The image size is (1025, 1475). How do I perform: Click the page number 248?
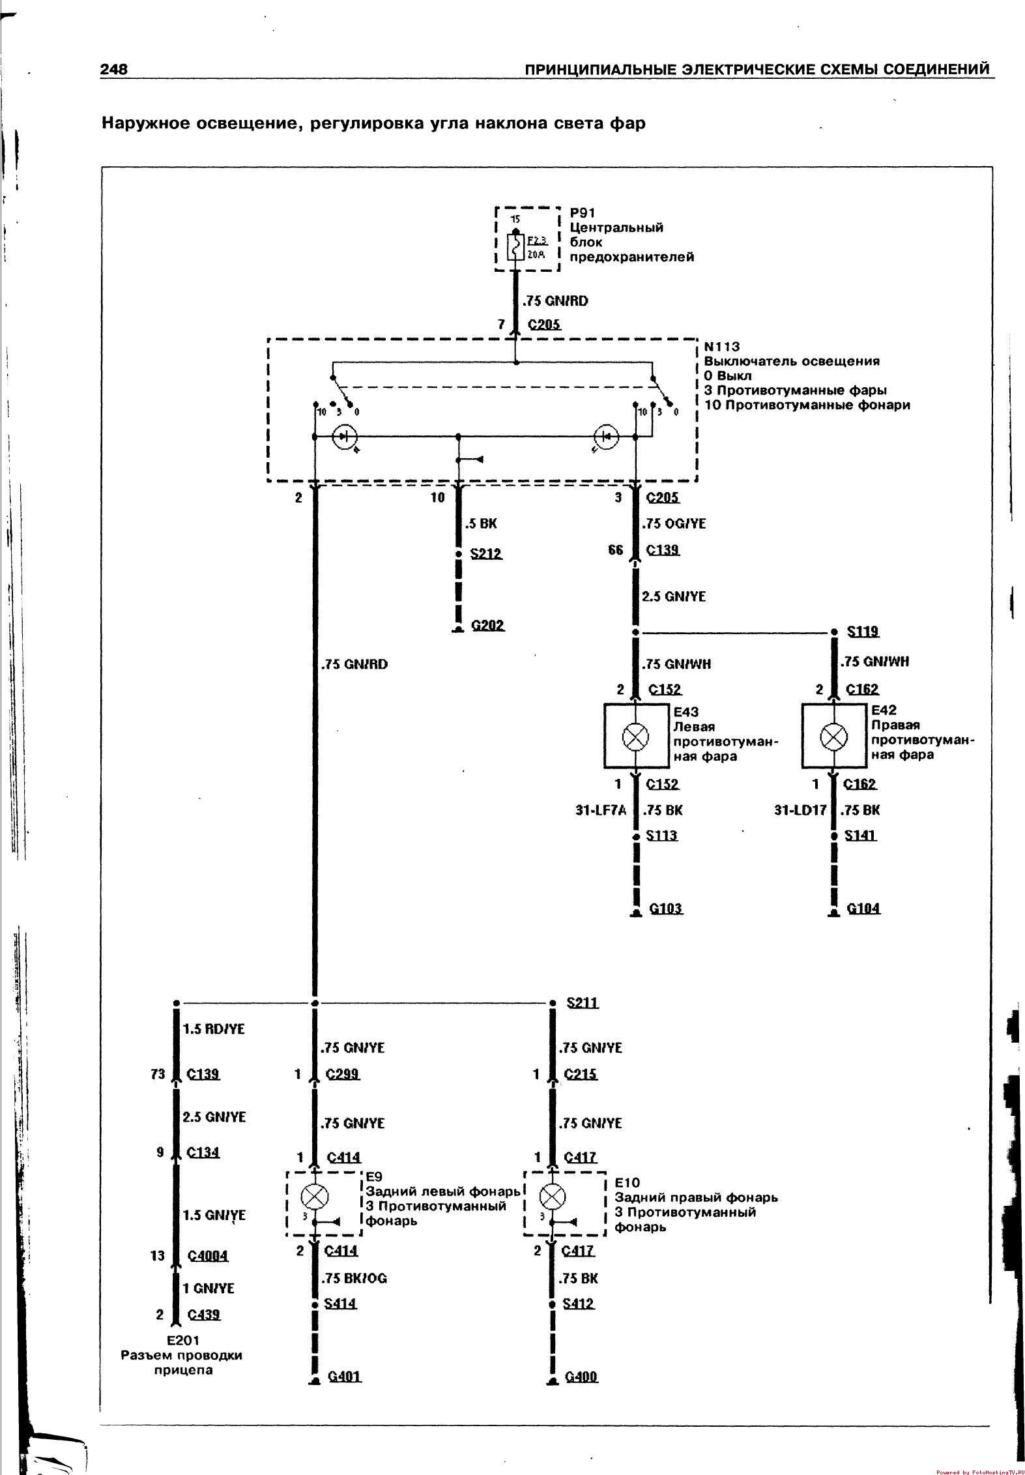click(114, 69)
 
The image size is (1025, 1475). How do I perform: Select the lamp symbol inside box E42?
click(833, 737)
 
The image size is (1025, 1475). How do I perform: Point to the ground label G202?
click(488, 625)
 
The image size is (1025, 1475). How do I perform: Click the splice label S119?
click(863, 631)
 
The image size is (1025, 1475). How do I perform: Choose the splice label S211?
click(582, 1002)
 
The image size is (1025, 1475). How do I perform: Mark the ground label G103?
click(666, 907)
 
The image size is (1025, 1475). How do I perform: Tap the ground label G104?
click(863, 907)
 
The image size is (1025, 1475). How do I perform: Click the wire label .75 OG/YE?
click(674, 523)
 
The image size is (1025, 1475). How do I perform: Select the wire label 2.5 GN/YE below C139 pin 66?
click(674, 596)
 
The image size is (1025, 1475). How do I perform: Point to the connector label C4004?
click(208, 1256)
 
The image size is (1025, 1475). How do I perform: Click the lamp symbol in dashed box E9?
click(315, 1197)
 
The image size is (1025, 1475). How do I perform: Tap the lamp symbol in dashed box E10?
click(553, 1197)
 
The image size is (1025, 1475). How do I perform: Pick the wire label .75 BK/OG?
click(354, 1296)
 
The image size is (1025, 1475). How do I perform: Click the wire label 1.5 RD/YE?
click(213, 1029)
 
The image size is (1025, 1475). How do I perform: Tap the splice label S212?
click(486, 554)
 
